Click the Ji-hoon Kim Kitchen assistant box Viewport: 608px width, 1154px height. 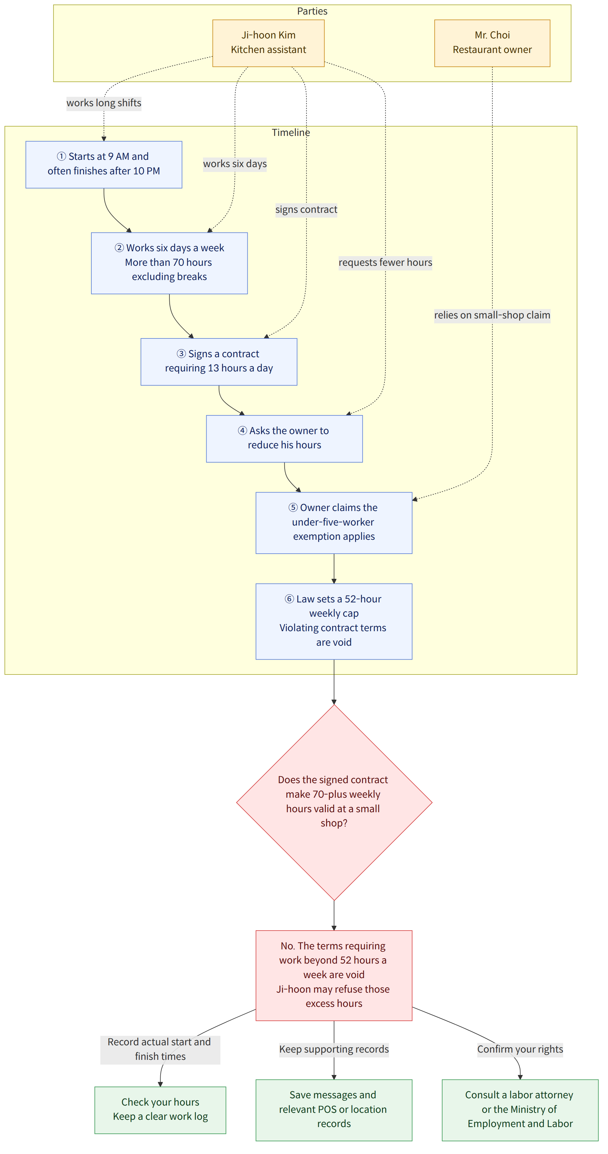pyautogui.click(x=268, y=43)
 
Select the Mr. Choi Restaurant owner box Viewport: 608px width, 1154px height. pyautogui.click(x=492, y=43)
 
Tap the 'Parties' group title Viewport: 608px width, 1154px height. pyautogui.click(x=312, y=11)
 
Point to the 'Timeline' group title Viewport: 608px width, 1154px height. pyautogui.click(x=291, y=133)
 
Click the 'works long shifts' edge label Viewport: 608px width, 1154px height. pyautogui.click(x=104, y=103)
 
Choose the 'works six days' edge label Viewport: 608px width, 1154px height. pyautogui.click(x=235, y=164)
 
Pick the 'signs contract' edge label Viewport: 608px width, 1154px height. pyautogui.click(x=306, y=210)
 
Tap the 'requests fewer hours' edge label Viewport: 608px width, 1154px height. pyautogui.click(x=385, y=262)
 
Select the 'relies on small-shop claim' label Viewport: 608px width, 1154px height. pyautogui.click(x=492, y=315)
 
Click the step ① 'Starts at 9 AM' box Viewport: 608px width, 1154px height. pyautogui.click(x=104, y=164)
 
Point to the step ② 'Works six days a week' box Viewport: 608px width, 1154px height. pyautogui.click(x=169, y=263)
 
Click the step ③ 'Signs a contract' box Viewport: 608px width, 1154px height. pyautogui.click(x=219, y=361)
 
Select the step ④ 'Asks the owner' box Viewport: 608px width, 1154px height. pyautogui.click(x=284, y=439)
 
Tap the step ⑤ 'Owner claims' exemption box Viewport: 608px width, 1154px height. pyautogui.click(x=334, y=523)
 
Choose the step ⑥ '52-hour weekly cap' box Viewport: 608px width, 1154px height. pyautogui.click(x=334, y=622)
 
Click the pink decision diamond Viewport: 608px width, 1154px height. pyautogui.click(x=334, y=802)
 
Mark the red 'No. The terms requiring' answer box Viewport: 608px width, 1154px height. pyautogui.click(x=334, y=975)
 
